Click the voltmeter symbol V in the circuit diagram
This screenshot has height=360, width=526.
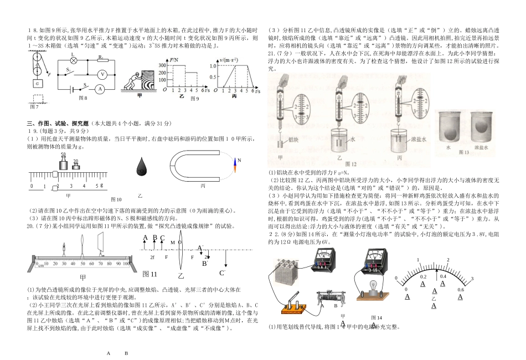[102, 74]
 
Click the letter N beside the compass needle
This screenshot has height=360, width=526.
[240, 161]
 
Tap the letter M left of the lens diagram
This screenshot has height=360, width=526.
[173, 242]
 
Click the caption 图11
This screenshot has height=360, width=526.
[150, 274]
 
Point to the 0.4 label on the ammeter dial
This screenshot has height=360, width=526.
[442, 276]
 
